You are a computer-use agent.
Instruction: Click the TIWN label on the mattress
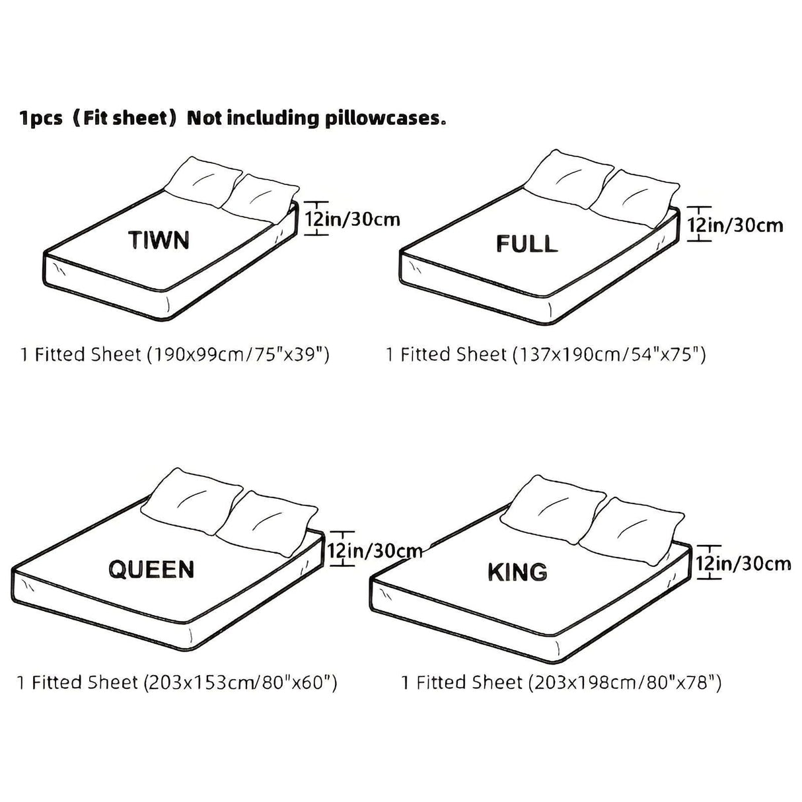(x=159, y=240)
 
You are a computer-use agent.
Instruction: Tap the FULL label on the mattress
(x=527, y=244)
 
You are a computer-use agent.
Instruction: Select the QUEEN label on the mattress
(x=151, y=569)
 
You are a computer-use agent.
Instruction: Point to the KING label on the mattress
(x=517, y=571)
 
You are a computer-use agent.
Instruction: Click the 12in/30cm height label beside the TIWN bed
(x=353, y=219)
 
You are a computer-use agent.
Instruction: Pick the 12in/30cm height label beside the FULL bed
(x=735, y=225)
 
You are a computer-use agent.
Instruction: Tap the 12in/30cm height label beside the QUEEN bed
(x=375, y=550)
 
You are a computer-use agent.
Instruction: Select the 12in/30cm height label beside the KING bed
(x=743, y=563)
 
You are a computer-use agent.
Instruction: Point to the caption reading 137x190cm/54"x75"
(x=546, y=355)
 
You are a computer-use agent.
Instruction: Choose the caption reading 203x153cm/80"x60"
(x=177, y=682)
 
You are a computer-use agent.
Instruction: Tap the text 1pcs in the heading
(x=41, y=119)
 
